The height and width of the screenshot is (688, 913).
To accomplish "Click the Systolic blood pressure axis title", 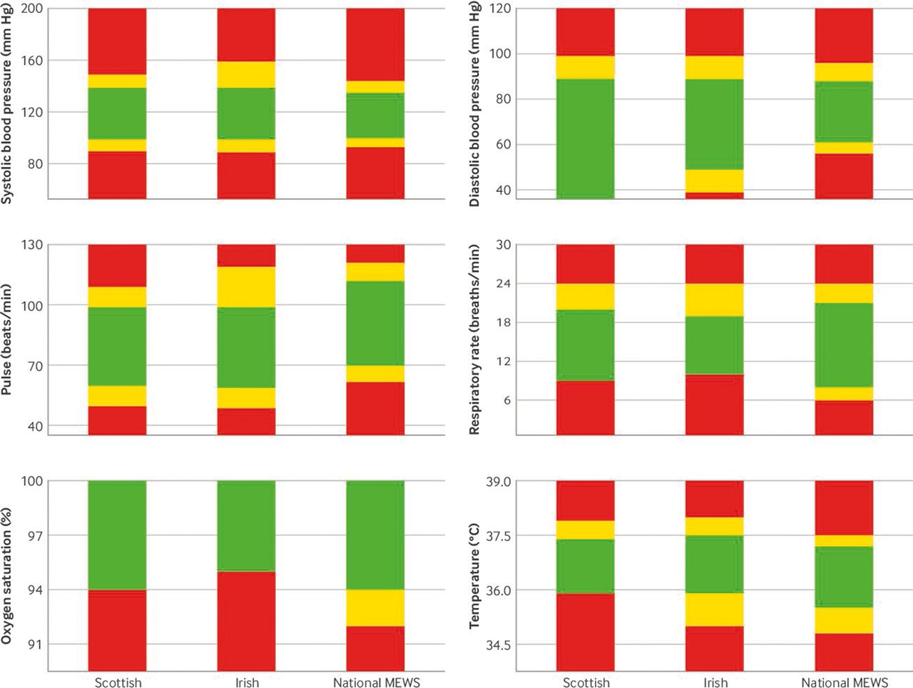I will click(7, 103).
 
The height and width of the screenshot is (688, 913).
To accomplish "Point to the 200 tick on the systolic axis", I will click(31, 9).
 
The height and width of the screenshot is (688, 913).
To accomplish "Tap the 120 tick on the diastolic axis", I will click(499, 9).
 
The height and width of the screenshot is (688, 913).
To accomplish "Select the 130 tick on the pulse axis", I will click(31, 245).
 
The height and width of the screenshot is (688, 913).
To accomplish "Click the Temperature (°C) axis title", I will click(474, 577).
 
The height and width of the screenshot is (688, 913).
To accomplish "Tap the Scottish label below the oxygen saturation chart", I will click(118, 683).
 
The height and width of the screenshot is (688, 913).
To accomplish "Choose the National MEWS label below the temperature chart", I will click(845, 683).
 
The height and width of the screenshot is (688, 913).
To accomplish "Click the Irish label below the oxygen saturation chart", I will click(247, 683).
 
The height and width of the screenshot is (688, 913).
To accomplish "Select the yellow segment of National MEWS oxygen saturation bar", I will click(375, 608).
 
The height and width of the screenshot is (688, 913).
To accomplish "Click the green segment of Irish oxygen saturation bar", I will click(246, 526).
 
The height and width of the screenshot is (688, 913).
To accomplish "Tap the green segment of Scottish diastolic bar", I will click(585, 138).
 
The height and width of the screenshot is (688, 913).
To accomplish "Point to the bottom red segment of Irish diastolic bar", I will click(714, 196).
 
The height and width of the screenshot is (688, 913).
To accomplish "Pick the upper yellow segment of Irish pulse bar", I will click(246, 287).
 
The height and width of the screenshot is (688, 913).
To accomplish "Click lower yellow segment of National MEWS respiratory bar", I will click(844, 394).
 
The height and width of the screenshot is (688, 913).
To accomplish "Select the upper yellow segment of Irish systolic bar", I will click(246, 75).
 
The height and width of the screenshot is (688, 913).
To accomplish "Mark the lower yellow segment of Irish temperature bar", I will click(714, 609).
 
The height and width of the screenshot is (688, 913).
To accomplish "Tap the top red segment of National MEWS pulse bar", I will click(375, 253).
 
